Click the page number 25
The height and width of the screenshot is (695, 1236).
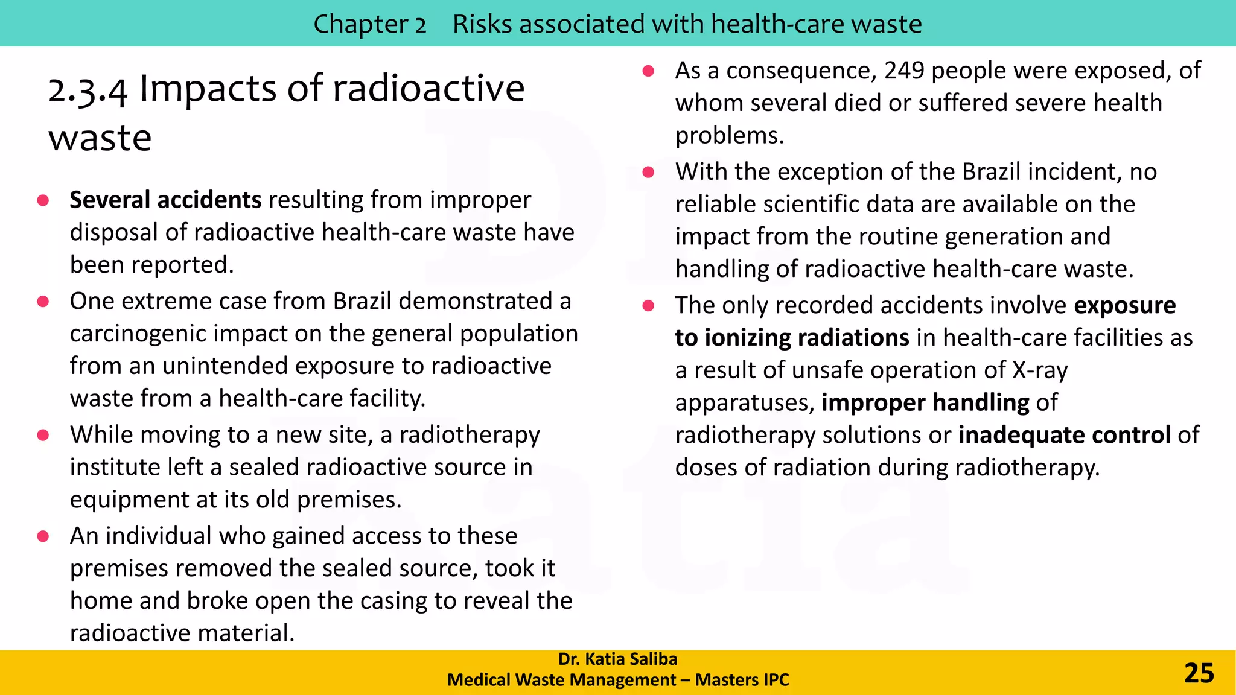coord(1199,673)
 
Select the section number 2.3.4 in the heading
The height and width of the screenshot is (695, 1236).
coord(88,90)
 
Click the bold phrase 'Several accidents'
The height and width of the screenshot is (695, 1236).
coord(165,200)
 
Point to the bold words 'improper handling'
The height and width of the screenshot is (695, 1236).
coord(925,402)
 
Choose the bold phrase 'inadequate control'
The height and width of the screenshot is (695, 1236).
coord(1065,435)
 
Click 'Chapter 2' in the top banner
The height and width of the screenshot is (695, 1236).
coord(369,24)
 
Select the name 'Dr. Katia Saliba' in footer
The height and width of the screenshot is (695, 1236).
coord(617,659)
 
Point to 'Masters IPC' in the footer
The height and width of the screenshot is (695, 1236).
coord(742,680)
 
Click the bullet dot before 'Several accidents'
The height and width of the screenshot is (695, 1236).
coord(43,200)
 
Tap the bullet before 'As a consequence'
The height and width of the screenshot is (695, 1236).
coord(648,71)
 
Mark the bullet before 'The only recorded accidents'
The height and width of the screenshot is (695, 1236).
coord(648,306)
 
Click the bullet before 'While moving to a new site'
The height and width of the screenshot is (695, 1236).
coord(43,435)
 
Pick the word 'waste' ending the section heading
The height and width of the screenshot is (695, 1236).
coord(100,139)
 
